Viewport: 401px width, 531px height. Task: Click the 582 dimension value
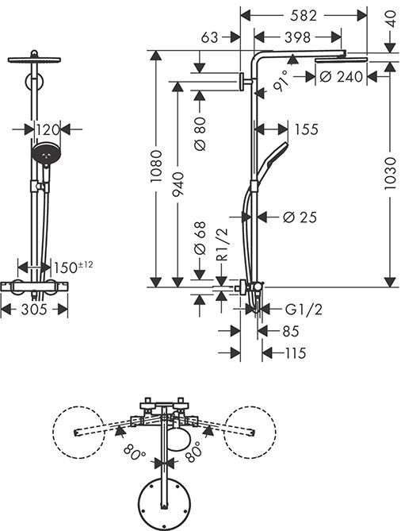click(304, 16)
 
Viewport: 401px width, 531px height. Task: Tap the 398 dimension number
click(297, 37)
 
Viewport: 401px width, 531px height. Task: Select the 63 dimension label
click(210, 37)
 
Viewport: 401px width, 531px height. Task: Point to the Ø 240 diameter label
click(341, 77)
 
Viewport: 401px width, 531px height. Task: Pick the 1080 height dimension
click(157, 167)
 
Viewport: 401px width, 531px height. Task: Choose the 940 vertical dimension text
click(178, 184)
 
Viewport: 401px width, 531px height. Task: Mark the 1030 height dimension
click(390, 173)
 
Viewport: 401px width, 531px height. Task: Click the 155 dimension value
click(307, 129)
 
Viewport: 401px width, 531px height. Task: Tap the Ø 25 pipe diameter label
click(300, 217)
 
